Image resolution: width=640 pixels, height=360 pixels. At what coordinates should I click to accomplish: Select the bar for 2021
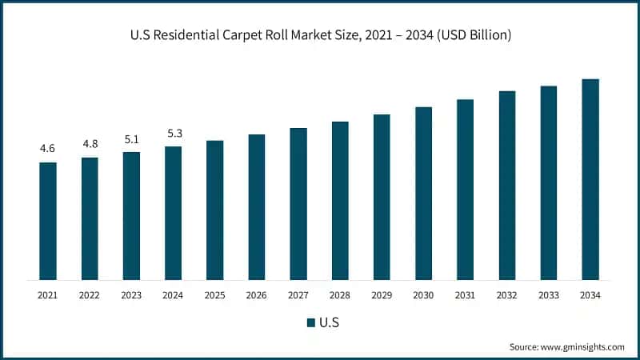click(48, 221)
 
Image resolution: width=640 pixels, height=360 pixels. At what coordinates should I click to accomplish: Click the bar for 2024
click(173, 213)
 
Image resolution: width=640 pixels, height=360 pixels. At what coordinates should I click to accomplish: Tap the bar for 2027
click(298, 204)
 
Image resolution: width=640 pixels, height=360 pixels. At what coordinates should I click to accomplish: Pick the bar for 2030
click(423, 193)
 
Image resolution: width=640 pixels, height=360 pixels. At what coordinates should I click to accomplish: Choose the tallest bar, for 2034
click(590, 179)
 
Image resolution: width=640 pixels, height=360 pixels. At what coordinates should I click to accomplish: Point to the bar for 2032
click(507, 185)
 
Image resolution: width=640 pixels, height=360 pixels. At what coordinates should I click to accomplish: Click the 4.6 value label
click(48, 149)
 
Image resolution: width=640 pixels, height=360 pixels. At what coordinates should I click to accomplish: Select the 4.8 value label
click(90, 144)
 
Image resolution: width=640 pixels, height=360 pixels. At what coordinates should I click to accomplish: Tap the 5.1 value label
click(131, 138)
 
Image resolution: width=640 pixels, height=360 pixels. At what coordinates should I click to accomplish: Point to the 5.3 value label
click(173, 133)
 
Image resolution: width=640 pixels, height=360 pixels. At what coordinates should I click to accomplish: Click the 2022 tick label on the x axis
click(90, 295)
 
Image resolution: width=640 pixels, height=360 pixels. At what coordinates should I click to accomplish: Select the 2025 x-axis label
click(214, 295)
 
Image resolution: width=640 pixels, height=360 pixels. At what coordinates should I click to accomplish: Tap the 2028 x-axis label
click(340, 295)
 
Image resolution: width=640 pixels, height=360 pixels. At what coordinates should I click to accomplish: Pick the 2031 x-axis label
click(465, 295)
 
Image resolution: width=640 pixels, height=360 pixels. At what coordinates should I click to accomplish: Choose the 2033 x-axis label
click(548, 295)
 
